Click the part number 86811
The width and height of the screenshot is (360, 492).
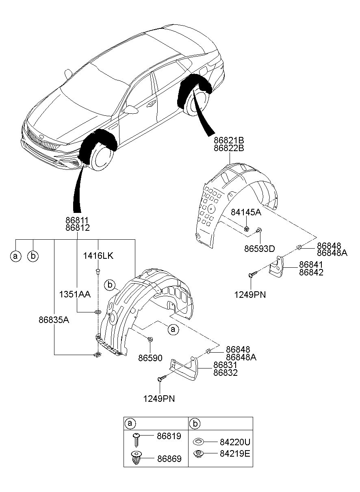coord(77,220)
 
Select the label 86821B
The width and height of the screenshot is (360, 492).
coord(229,141)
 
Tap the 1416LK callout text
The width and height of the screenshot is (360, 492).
coord(98,256)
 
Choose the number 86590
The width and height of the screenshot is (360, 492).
coord(150,358)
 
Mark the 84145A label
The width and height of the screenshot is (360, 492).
coord(246,212)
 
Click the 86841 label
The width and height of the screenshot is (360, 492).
coord(311,264)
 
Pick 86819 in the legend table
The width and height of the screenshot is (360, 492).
coord(169,436)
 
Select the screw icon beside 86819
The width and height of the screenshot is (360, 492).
coord(137,438)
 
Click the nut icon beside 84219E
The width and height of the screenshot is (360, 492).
coord(198,453)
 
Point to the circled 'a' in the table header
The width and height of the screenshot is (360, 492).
coord(130,423)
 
